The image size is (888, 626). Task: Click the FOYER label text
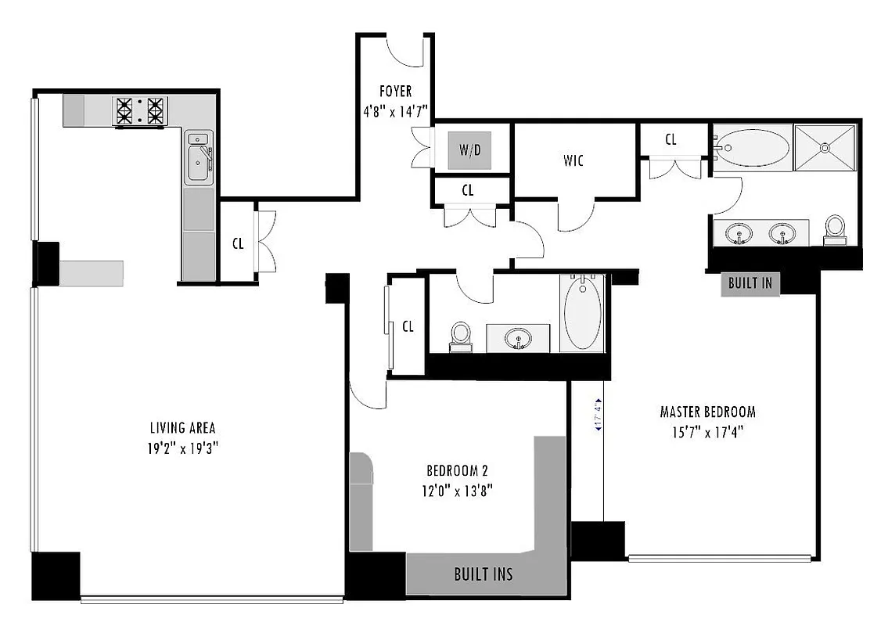tap(395, 92)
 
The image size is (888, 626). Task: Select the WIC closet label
tap(573, 161)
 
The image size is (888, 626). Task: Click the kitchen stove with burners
tap(140, 111)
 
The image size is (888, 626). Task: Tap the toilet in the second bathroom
tap(461, 334)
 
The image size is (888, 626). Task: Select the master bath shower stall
tap(825, 146)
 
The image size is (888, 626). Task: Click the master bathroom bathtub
tap(753, 147)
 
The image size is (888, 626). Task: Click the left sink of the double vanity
tap(739, 233)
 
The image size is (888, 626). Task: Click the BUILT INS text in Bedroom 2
tap(484, 574)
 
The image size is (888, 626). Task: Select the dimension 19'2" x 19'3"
tap(182, 449)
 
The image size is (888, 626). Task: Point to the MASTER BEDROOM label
tap(707, 412)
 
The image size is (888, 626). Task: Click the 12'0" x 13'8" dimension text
tap(458, 491)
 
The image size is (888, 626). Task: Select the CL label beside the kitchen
tap(238, 243)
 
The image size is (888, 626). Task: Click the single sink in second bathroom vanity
tap(516, 338)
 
